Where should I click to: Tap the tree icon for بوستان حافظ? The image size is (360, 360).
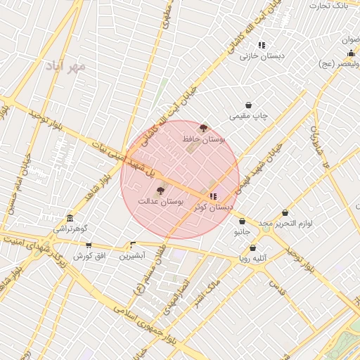point(204,128)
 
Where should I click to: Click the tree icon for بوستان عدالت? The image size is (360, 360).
point(160,191)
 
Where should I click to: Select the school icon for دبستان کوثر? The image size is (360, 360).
point(213,196)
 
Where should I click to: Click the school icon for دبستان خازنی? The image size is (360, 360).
point(262,45)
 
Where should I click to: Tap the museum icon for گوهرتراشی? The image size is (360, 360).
point(70,218)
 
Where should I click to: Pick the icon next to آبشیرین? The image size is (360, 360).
point(133,245)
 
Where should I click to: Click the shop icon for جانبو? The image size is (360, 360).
point(243,220)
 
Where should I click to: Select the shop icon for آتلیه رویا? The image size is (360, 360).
point(252,247)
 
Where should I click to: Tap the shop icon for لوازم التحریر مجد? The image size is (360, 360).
point(285,212)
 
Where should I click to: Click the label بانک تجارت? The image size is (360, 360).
point(330,6)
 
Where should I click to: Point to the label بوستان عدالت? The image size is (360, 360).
point(160,202)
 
